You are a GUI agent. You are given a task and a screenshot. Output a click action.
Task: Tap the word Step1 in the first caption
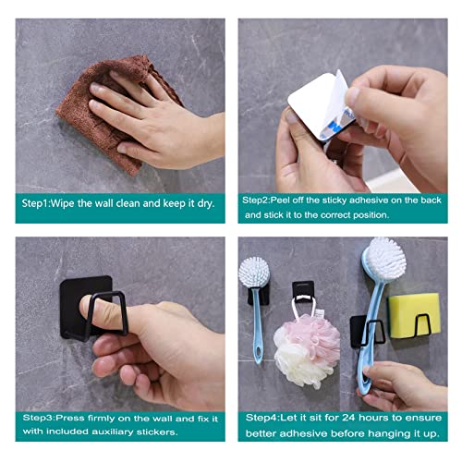(35, 203)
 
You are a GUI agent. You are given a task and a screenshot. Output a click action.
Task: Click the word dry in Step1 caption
(205, 203)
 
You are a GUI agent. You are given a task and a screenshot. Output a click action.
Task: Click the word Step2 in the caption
(255, 201)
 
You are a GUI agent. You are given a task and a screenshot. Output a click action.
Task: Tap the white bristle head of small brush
(254, 272)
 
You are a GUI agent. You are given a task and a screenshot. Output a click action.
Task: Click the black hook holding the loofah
(303, 292)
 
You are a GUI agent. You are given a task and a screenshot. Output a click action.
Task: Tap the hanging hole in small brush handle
(258, 352)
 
